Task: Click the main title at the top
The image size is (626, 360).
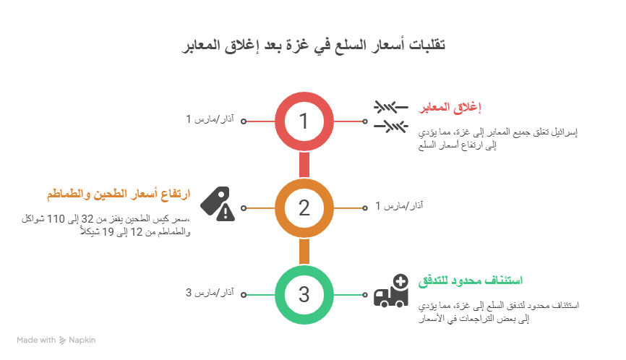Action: [313, 46]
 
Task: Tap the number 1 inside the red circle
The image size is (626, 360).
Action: [304, 121]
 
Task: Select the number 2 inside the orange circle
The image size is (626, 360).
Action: [304, 208]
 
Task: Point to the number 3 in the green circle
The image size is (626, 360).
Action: [304, 295]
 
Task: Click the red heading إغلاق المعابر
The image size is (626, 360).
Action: [450, 108]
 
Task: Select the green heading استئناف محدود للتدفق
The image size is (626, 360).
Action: [470, 280]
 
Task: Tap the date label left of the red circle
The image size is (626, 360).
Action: [210, 119]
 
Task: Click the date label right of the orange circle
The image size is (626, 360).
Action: [399, 206]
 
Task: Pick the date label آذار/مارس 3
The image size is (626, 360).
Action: [210, 293]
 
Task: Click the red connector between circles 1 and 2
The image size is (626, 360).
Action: [304, 164]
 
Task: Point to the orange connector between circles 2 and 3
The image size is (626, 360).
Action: [304, 251]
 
